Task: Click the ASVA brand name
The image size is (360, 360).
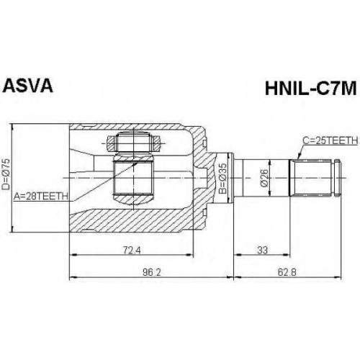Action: (x=27, y=86)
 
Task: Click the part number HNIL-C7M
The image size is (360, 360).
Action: (x=310, y=89)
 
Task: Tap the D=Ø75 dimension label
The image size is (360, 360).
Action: (x=6, y=174)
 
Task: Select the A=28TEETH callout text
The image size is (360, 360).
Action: (x=41, y=197)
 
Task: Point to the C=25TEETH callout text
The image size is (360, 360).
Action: (x=330, y=140)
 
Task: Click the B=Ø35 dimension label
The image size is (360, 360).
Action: (x=223, y=179)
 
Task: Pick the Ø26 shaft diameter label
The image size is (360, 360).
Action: (x=264, y=178)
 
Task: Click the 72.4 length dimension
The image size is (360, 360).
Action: (x=132, y=250)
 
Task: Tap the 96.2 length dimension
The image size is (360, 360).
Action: (x=152, y=272)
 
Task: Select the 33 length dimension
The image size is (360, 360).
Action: (x=262, y=250)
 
